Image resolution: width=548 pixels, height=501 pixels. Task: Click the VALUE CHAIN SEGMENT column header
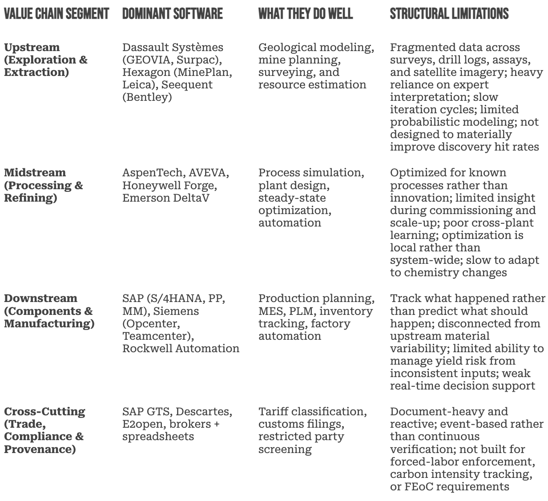(56, 14)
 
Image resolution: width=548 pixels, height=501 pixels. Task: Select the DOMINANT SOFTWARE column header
(172, 14)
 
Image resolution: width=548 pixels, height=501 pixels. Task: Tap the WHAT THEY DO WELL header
(305, 14)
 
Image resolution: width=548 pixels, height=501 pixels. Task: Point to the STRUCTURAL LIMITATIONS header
(449, 14)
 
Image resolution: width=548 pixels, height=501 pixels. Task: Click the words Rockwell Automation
(181, 348)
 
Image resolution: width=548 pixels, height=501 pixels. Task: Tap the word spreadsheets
(158, 437)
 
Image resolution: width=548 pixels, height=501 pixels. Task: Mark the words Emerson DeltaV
(165, 198)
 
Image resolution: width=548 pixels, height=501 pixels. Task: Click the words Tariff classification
(312, 412)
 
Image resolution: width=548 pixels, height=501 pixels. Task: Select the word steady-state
(292, 198)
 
